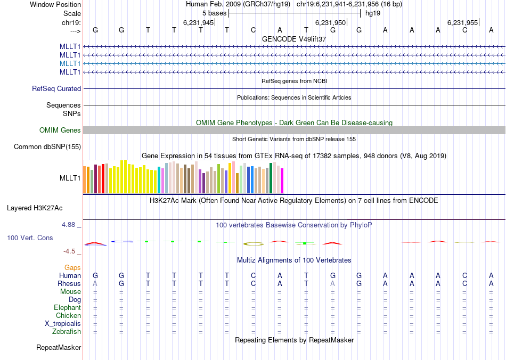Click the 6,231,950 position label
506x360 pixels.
click(x=330, y=23)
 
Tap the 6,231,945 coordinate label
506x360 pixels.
click(x=198, y=23)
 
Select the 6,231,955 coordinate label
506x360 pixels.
click(x=462, y=23)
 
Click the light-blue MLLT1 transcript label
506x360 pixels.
click(x=70, y=63)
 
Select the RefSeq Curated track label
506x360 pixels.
click(x=56, y=89)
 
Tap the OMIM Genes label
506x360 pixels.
click(x=60, y=130)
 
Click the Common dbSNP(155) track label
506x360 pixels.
click(x=47, y=147)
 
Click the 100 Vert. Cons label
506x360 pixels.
click(x=30, y=238)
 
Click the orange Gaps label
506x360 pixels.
click(x=72, y=267)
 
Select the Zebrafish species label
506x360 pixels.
click(x=67, y=332)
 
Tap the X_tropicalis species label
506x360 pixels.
click(x=63, y=324)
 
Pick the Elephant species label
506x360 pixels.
click(x=67, y=308)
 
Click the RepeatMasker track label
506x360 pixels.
click(x=59, y=348)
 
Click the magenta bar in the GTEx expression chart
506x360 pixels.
click(x=282, y=181)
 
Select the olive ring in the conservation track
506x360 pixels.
click(x=254, y=244)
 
